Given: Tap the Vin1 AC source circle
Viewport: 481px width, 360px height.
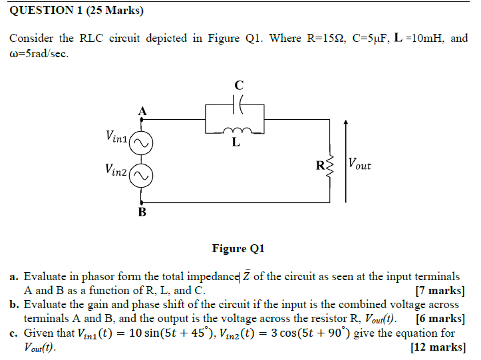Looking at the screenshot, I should point(141,142).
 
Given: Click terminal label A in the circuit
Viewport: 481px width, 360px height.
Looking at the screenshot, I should point(142,110).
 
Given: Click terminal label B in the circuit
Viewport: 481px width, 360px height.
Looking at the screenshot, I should point(142,212).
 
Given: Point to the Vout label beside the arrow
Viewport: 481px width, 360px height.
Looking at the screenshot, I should point(360,164).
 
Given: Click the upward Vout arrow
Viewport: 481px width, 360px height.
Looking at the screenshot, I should point(345,160).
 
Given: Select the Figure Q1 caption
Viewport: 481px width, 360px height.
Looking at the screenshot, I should point(238,249).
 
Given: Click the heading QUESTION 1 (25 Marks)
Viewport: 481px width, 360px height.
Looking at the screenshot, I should point(77,11).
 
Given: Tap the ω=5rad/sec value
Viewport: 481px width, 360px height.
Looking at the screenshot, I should point(39,53).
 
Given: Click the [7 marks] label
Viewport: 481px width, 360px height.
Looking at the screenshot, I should point(440,291).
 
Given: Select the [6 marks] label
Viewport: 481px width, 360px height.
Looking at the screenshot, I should point(440,318).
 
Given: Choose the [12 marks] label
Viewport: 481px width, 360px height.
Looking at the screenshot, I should point(437,347).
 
